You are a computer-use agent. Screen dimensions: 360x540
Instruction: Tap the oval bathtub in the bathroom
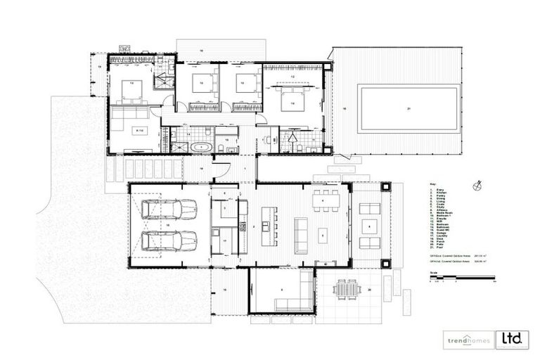pyautogui.click(x=202, y=148)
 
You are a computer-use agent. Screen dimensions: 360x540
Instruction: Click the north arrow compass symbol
pyautogui.click(x=479, y=186)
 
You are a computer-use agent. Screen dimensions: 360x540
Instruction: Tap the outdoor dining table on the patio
pyautogui.click(x=345, y=289)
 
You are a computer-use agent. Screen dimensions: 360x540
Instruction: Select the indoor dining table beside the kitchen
pyautogui.click(x=325, y=200)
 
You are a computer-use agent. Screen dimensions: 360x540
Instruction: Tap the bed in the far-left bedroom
pyautogui.click(x=131, y=90)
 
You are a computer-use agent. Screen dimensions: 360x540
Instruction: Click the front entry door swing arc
pyautogui.click(x=221, y=170)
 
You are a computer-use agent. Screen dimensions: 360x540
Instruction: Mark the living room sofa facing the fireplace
pyautogui.click(x=301, y=235)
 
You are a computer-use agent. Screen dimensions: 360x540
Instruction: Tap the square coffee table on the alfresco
pyautogui.click(x=370, y=226)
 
